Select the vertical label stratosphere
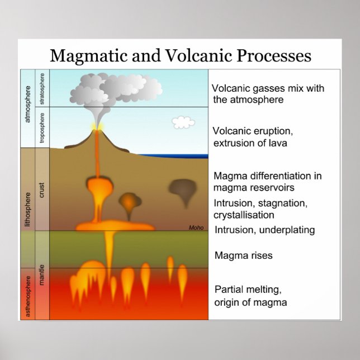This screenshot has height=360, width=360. tap(42, 88)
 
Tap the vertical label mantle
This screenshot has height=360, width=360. tap(42, 276)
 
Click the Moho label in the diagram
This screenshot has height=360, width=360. tap(196, 228)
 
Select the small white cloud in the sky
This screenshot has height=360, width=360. tap(183, 122)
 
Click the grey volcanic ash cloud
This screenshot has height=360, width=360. tap(120, 87)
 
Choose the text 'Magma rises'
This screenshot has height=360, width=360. tap(244, 255)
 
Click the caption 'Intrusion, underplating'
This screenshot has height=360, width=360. tap(264, 230)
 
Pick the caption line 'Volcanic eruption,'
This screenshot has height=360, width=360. tap(253, 131)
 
